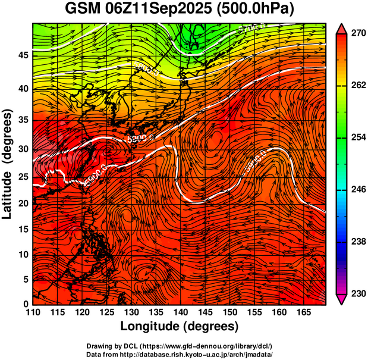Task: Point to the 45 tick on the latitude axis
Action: coord(23,55)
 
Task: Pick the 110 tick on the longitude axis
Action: coord(33,312)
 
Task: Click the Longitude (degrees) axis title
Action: coord(180,326)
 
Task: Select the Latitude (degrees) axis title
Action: coord(8,163)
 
